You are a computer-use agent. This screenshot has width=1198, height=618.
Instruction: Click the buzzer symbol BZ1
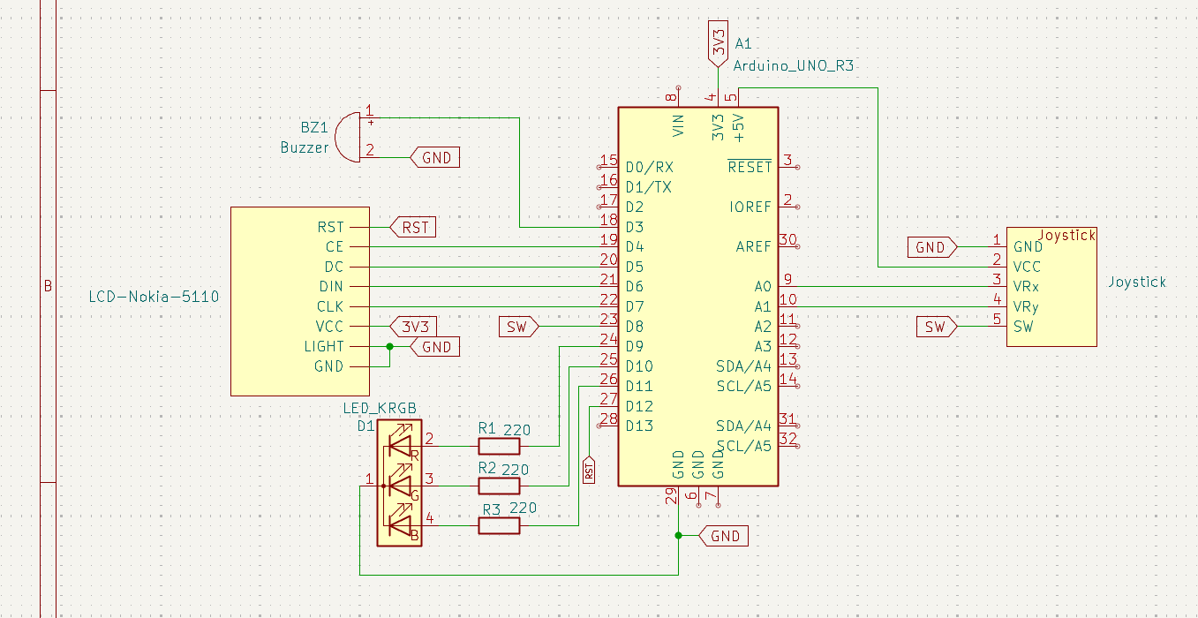click(348, 137)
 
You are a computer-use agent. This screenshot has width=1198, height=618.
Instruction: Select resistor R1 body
click(499, 446)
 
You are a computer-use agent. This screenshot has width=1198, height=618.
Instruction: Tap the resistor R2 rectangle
click(499, 486)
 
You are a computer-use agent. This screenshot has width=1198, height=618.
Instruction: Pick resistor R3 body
click(499, 526)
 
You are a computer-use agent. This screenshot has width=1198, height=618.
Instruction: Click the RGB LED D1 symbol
click(400, 484)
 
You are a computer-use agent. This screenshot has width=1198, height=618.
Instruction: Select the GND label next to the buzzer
click(435, 158)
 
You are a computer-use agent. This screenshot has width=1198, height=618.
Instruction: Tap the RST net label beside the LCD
click(413, 227)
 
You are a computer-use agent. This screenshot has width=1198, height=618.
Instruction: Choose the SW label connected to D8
click(517, 327)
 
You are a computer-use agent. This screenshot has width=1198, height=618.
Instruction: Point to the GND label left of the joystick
click(930, 247)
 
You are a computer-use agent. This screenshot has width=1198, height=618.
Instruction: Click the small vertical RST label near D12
click(589, 470)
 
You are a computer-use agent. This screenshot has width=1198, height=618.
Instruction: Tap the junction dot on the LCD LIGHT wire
click(389, 347)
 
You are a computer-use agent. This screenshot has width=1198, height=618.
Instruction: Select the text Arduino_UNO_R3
click(794, 65)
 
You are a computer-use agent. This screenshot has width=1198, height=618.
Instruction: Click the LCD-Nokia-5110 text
click(154, 296)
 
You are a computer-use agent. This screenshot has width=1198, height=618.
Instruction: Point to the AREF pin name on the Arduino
click(753, 247)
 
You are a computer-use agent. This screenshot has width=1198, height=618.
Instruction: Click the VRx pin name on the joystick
click(1026, 287)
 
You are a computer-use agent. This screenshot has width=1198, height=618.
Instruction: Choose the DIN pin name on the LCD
click(331, 287)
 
